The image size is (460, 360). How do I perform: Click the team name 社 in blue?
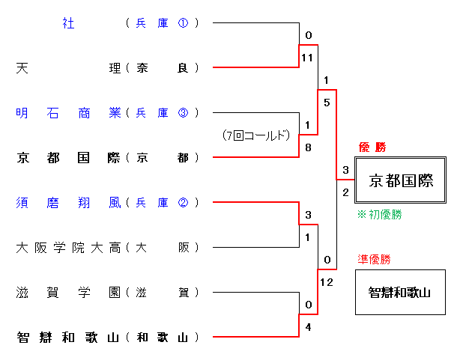pyautogui.click(x=68, y=23)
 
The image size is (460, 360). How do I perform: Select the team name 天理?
pyautogui.click(x=68, y=68)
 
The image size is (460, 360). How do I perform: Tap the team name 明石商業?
pyautogui.click(x=68, y=113)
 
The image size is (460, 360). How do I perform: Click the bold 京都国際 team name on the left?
pyautogui.click(x=68, y=158)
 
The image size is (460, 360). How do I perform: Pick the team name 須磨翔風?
pyautogui.click(x=68, y=203)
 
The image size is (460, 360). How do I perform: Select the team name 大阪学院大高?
pyautogui.click(x=68, y=248)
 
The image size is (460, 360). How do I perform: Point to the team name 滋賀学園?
pyautogui.click(x=68, y=293)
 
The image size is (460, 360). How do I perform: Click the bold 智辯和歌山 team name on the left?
pyautogui.click(x=68, y=338)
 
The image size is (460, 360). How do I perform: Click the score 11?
pyautogui.click(x=306, y=57)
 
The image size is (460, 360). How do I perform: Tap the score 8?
pyautogui.click(x=307, y=147)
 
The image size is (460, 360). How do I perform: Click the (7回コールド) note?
pyautogui.click(x=255, y=135)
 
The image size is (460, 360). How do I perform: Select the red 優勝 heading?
pyautogui.click(x=372, y=147)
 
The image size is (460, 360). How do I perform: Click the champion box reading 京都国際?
pyautogui.click(x=400, y=180)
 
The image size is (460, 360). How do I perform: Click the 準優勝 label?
pyautogui.click(x=374, y=260)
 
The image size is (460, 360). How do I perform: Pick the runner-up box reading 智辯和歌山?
pyautogui.click(x=400, y=292)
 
